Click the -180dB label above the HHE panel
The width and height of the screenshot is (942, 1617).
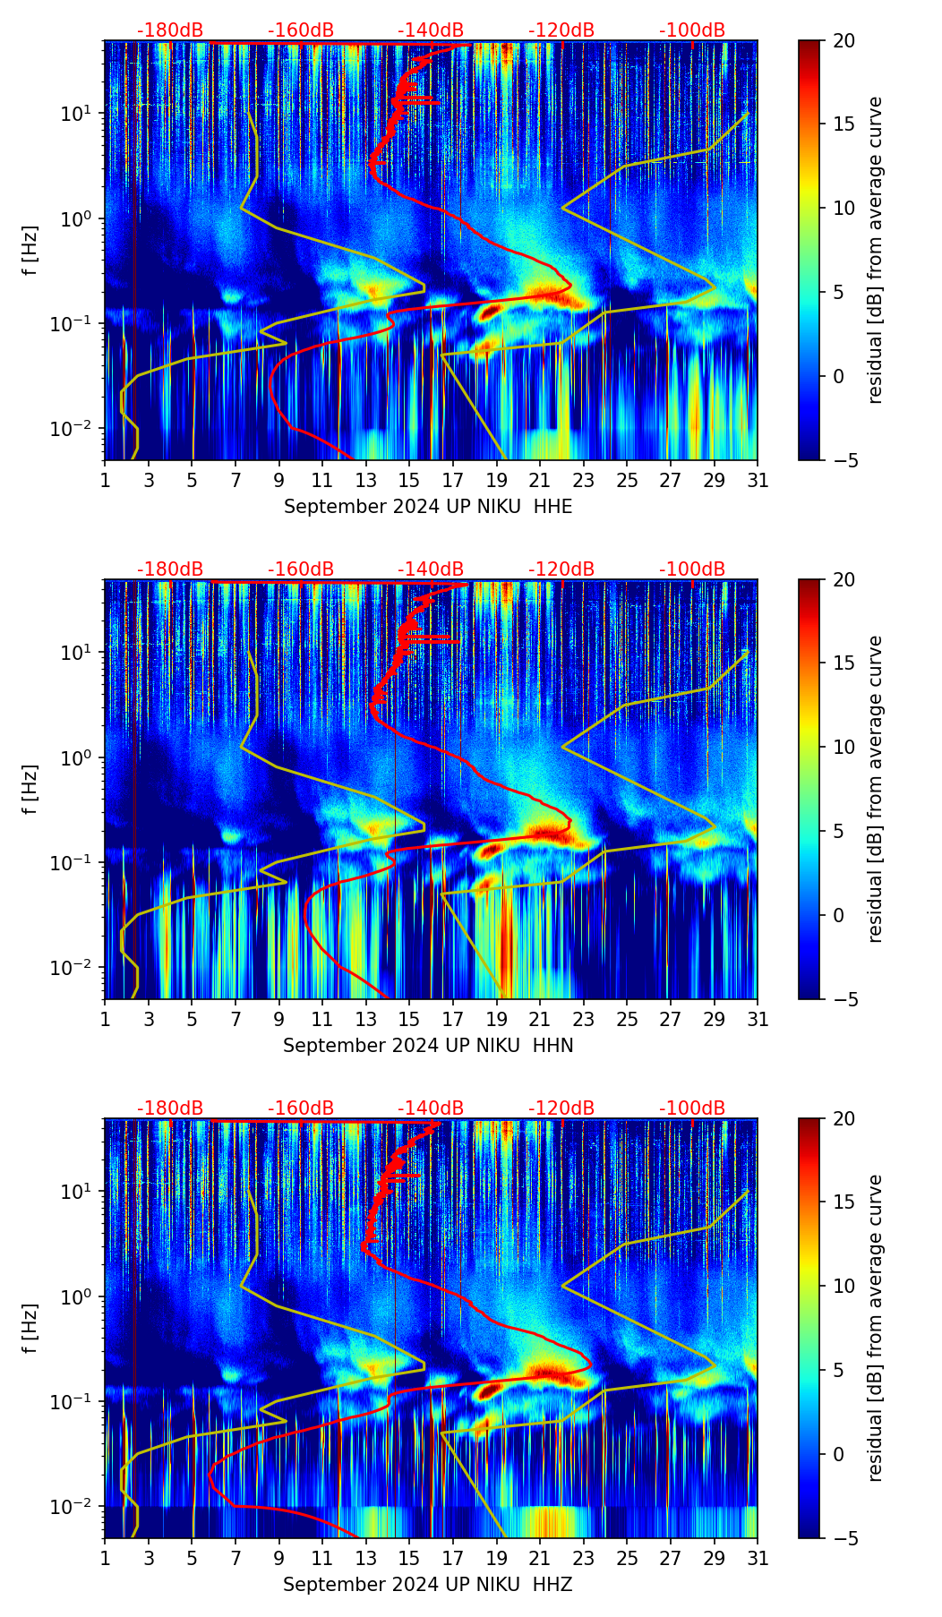170,30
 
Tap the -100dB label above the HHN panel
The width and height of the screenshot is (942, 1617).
692,569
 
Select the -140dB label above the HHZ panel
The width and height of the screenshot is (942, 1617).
431,1108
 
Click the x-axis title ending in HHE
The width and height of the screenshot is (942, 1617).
428,507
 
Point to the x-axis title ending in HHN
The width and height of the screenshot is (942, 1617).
428,1046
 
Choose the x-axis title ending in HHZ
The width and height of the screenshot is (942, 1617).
428,1585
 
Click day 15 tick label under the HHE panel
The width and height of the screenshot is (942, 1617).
409,480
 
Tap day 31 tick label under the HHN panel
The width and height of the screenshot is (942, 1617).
758,1019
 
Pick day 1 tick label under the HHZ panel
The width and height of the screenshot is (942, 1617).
105,1558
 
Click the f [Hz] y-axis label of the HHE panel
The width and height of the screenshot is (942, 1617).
30,250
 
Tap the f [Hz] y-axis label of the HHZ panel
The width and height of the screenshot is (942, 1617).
30,1328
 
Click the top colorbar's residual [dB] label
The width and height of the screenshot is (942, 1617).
876,250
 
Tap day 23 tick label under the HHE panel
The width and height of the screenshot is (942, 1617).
584,480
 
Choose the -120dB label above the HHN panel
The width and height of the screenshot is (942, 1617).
561,569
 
